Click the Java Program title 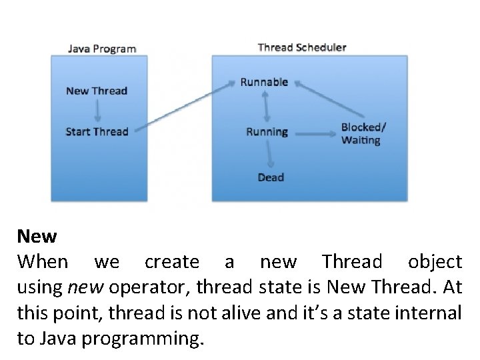click(102, 49)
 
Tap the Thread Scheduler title click(301, 47)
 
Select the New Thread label click(97, 91)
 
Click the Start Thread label click(97, 131)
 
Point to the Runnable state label click(264, 82)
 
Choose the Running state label click(267, 131)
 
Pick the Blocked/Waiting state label click(363, 133)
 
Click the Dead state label click(271, 177)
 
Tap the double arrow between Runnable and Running click(267, 107)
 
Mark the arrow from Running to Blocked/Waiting click(313, 133)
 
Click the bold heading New click(37, 235)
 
